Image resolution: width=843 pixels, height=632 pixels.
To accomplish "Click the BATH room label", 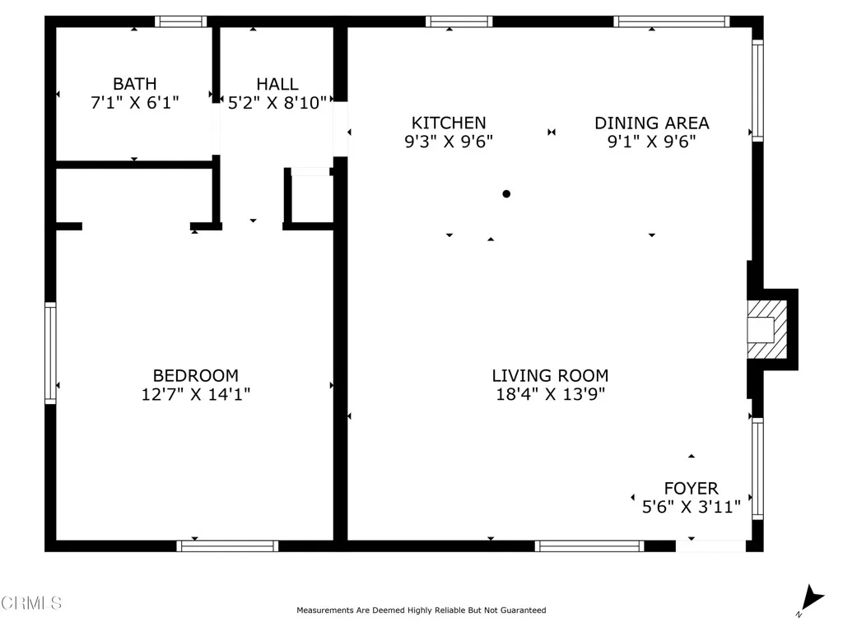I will (134, 84).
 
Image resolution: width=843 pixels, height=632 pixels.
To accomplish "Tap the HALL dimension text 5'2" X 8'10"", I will (277, 103).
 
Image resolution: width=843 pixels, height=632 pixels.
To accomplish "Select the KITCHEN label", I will (449, 123).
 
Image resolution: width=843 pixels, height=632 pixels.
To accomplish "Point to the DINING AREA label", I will (651, 123).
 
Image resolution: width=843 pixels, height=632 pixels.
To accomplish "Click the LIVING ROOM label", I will (550, 376).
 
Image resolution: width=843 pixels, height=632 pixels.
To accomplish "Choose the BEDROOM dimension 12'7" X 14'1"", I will (196, 395).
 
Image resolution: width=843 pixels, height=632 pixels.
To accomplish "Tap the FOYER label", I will (691, 489).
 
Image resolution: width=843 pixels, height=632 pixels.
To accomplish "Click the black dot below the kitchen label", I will (506, 194).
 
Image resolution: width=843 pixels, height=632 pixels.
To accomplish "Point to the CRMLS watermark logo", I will (31, 603).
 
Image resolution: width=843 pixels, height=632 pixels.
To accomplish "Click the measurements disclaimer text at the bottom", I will (421, 611).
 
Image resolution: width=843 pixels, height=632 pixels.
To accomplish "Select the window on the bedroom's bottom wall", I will (228, 546).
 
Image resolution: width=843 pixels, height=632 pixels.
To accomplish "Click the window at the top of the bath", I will (181, 21).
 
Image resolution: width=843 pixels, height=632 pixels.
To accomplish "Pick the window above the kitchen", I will (459, 21).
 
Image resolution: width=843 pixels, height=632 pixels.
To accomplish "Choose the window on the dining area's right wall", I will (757, 91).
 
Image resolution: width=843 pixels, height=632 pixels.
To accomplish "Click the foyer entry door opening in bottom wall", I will (710, 546).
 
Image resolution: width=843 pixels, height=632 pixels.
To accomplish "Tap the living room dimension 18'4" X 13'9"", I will (550, 394).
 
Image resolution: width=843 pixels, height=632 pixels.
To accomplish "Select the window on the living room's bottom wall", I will (589, 546).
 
